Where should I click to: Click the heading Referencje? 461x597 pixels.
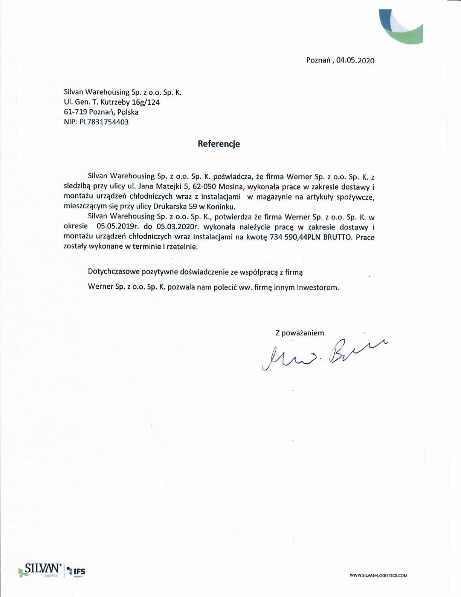click(x=219, y=144)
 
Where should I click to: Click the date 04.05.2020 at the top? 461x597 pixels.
click(x=355, y=60)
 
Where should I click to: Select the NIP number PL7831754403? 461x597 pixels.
click(x=104, y=122)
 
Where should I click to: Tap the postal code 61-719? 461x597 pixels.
click(x=76, y=112)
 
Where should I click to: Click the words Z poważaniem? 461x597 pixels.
click(x=300, y=333)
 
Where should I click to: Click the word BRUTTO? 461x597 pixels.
click(x=338, y=237)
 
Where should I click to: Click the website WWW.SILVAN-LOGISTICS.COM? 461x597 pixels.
click(x=379, y=576)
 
